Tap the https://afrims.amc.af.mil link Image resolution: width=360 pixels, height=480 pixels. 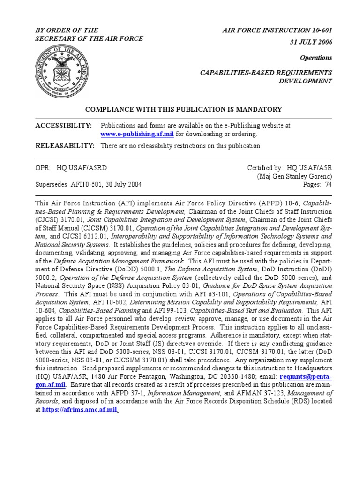80,409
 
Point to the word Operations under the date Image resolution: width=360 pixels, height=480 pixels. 315,58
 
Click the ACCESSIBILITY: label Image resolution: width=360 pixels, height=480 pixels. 64,126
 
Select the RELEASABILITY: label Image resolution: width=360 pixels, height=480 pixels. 65,146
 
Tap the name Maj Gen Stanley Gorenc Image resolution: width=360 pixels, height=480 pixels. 295,176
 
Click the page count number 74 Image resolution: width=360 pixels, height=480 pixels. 329,185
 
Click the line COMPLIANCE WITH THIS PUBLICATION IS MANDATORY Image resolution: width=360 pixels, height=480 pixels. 183,109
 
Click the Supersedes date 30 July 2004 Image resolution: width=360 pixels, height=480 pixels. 120,185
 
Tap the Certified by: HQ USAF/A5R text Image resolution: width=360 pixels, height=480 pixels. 290,168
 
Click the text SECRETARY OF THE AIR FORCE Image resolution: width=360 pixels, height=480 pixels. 90,38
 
